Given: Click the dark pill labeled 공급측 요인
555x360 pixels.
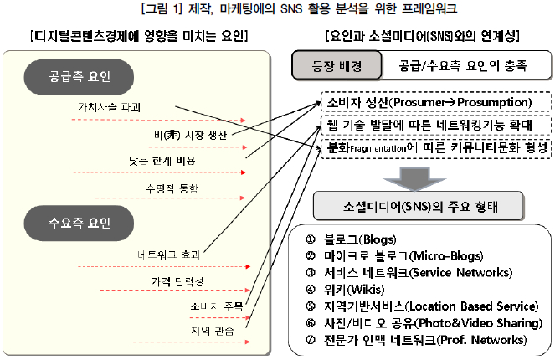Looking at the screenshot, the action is coord(79,77).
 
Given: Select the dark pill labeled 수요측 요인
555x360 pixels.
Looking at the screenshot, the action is coord(79,224).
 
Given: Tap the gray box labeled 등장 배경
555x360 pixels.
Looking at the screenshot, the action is coord(337,65).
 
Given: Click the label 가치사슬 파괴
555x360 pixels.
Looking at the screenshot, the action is coord(110,107).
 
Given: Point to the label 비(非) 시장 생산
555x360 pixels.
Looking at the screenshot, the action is coord(190,135).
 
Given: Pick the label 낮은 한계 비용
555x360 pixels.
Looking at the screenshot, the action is coord(162,161).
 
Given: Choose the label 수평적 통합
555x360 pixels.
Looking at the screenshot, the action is coord(172,188).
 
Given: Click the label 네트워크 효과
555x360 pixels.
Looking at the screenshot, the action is coord(169,255).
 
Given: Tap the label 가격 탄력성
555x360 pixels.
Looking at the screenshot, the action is coord(178,281).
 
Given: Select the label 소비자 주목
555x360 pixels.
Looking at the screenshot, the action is coord(217,306).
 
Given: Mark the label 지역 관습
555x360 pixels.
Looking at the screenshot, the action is coord(213,331).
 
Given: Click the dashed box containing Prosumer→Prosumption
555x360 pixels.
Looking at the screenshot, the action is coord(436,102).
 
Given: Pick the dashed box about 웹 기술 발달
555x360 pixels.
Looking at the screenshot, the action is coord(436,125).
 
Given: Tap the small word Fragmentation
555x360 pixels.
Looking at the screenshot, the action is coord(378,149).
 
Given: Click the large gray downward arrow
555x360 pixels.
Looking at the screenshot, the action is coord(414,179).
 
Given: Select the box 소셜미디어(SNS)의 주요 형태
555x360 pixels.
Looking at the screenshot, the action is coord(419,206).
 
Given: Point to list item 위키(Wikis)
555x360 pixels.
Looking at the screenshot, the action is coord(354,290).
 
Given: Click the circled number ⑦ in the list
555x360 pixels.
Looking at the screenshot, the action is coord(310,340).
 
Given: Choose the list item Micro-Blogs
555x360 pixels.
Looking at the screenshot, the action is coord(403,256).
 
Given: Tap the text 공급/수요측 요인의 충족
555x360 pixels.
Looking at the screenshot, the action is coord(463,65).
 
